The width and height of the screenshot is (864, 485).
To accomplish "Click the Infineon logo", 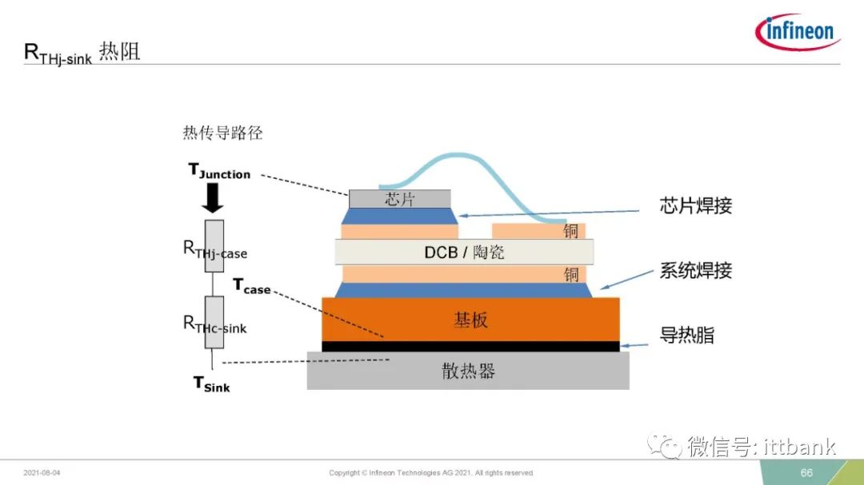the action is [x=798, y=31].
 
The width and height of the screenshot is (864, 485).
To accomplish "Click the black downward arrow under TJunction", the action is [x=213, y=198].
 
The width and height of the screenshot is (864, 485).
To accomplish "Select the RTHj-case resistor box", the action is [x=214, y=246].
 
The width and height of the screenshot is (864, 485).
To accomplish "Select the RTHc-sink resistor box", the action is [x=214, y=322].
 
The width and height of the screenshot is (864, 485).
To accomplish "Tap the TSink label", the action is [x=211, y=384].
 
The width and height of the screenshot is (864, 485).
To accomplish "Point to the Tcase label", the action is [x=252, y=286].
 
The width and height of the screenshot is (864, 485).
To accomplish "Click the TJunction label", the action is [x=219, y=171].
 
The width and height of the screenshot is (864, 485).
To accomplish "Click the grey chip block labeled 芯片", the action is [x=400, y=199].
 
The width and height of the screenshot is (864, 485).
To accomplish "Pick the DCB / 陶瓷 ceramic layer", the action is [x=464, y=252].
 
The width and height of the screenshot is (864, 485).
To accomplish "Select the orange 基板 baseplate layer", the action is [x=470, y=320].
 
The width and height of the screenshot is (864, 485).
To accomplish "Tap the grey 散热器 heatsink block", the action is [x=468, y=371].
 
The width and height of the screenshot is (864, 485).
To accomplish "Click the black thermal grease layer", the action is [x=470, y=346].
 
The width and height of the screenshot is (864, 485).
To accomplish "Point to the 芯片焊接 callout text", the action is [x=696, y=205].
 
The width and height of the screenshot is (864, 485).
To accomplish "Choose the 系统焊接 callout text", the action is [x=696, y=270].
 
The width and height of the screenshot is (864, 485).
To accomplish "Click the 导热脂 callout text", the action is [x=687, y=336].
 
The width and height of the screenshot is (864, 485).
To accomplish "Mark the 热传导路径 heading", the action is [x=222, y=133].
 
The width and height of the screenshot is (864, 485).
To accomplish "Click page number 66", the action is [x=806, y=473].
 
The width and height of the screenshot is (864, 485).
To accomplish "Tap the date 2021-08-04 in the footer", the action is [x=42, y=473].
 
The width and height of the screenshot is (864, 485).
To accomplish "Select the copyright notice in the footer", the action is [x=431, y=473].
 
